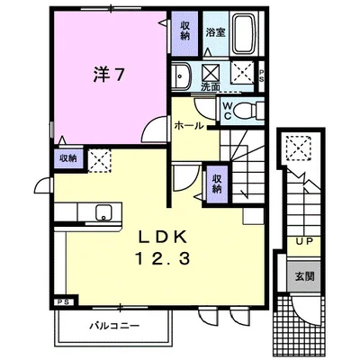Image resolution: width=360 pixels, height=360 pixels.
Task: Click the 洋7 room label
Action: (x=107, y=75)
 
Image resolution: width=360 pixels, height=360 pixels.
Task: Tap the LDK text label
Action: (x=162, y=238)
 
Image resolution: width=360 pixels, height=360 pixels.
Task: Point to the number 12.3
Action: (x=163, y=258)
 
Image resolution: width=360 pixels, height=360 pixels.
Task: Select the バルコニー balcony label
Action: (x=115, y=326)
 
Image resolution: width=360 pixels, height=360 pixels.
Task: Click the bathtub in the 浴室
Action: (x=245, y=33)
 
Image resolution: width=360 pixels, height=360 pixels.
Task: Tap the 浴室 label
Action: (x=215, y=32)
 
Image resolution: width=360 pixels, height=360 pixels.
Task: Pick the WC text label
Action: (x=227, y=111)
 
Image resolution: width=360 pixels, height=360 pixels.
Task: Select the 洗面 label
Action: (x=211, y=86)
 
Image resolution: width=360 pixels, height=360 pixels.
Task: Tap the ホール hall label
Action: (x=189, y=126)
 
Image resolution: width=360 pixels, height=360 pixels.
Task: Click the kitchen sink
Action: (x=104, y=212)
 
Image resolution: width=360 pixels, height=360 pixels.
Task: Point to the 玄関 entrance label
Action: (x=304, y=276)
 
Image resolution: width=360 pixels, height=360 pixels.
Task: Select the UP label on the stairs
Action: (x=304, y=241)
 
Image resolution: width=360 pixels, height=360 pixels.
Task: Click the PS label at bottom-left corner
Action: (x=64, y=302)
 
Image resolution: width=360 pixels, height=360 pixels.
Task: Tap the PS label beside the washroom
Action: (x=261, y=76)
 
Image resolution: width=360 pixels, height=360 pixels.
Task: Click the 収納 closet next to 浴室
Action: (x=184, y=31)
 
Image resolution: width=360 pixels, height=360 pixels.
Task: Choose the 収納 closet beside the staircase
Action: (x=217, y=184)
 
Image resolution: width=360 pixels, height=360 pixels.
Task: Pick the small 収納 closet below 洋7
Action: (x=68, y=157)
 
